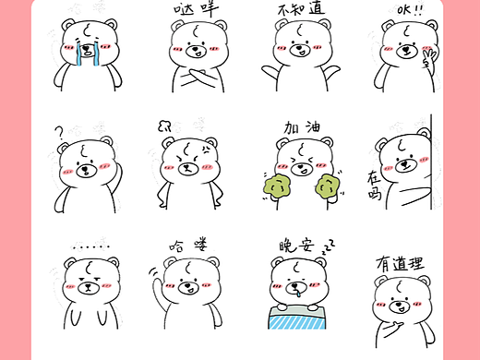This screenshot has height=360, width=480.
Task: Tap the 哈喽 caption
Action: pos(188,246)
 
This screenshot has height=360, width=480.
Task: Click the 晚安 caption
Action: pos(294,246)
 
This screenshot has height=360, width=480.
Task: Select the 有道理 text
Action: pos(400,262)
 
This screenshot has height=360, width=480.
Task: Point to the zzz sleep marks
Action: pos(327,246)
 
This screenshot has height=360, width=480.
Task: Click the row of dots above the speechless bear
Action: pos(90,246)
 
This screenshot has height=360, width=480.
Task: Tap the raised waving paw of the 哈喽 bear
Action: pos(155,275)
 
